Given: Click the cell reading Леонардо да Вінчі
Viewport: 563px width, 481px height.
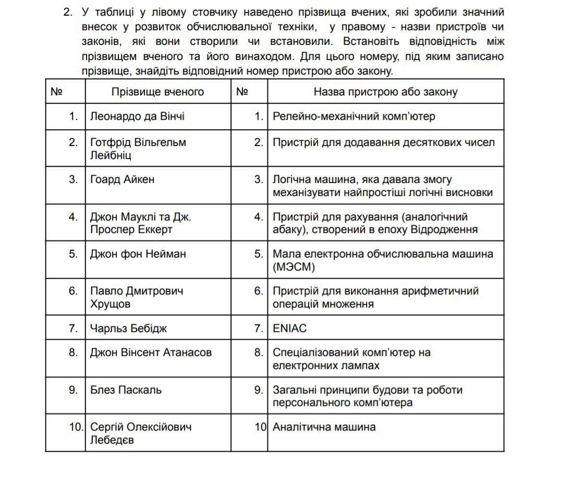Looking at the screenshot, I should tap(137, 117).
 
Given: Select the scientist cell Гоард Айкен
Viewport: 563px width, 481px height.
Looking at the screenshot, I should tap(122, 180).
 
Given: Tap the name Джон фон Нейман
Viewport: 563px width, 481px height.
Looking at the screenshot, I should tap(138, 254).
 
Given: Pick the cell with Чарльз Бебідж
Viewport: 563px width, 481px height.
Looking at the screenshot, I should tap(128, 328).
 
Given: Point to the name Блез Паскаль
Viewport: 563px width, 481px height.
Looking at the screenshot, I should tap(126, 390).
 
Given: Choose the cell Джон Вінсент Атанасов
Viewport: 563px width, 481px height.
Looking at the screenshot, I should tap(151, 352).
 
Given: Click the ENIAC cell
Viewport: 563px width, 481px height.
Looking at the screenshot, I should tap(289, 328).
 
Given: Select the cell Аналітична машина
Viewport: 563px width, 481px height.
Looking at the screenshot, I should tap(324, 427).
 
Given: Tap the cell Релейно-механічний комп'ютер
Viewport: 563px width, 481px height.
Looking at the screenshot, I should tap(353, 117).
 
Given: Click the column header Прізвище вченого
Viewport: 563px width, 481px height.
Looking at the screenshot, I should tap(157, 92).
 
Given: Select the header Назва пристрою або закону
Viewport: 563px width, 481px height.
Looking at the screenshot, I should tap(385, 92).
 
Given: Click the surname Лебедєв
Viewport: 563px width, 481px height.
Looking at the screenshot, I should tap(112, 440).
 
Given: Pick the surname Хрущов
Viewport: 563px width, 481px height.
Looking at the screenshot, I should tap(110, 304).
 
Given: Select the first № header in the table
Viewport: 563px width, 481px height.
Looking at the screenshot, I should tap(56, 92).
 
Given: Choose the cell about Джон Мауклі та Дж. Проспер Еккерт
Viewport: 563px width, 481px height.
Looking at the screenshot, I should tap(137, 223).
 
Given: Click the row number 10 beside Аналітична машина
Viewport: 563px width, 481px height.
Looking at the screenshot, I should tap(260, 427).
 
